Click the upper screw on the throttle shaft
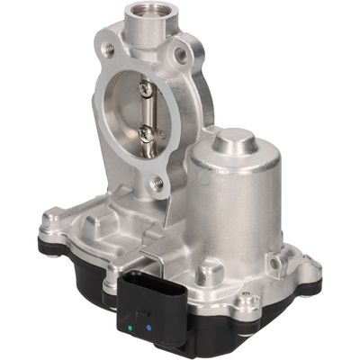click(x=145, y=87)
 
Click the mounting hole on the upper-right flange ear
click(x=182, y=55)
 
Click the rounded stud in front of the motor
click(x=210, y=269)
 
